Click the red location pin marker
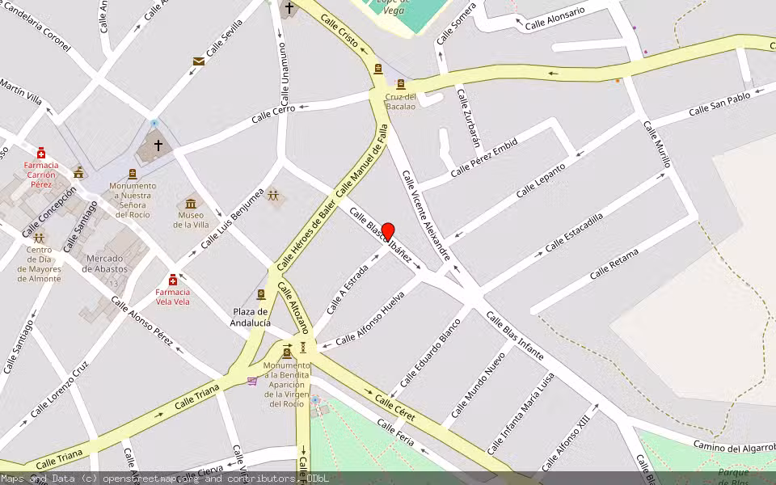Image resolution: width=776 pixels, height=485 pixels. pos(388,231)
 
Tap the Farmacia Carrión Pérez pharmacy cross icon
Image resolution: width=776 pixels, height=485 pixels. pos(41,153)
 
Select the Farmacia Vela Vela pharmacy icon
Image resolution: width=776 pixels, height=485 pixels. pos(173,280)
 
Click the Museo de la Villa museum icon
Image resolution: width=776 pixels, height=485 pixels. pos(191,203)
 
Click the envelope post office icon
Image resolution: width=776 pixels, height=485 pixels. pos(198,61)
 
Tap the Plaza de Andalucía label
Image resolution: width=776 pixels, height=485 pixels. pos(251,317)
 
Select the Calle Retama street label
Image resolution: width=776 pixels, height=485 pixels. pos(614,264)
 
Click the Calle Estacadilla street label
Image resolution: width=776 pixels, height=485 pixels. pos(574,232)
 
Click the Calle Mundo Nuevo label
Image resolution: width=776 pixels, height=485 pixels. pos(484,377)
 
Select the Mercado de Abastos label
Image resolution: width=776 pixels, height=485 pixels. pos(106,264)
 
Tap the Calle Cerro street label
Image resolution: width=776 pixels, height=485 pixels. pos(273,114)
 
